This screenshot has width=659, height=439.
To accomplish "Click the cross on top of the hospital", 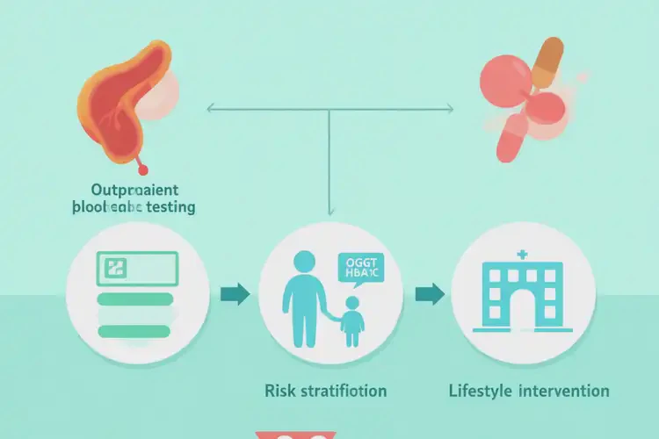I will coord(522,255).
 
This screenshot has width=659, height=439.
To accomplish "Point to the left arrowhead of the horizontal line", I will coord(209,110).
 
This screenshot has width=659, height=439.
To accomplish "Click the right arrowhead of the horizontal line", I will coord(450,110).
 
